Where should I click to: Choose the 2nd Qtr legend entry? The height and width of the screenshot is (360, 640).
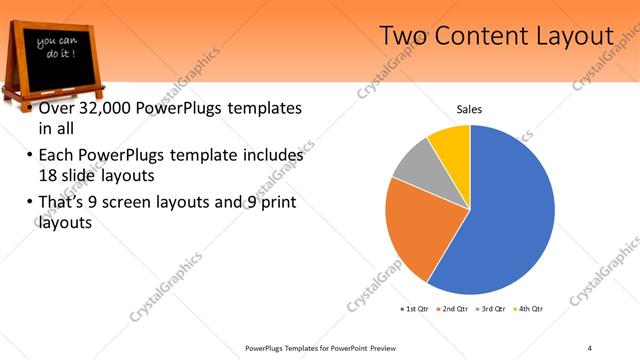click(453, 309)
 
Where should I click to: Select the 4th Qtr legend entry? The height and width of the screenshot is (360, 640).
click(530, 309)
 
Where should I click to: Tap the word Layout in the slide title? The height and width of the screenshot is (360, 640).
click(573, 36)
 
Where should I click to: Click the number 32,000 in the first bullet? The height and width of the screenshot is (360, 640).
click(108, 108)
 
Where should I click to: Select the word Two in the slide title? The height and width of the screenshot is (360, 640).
click(405, 36)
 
